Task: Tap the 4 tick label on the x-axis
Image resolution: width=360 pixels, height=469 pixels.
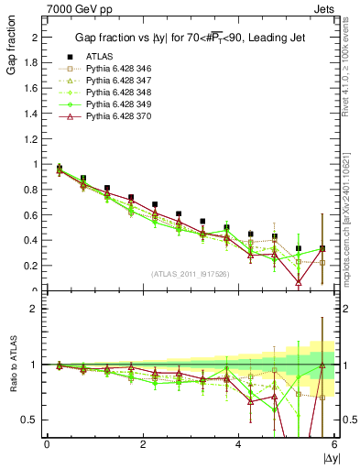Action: pos(238,444)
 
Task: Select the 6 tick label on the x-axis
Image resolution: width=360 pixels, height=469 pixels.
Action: pos(334,444)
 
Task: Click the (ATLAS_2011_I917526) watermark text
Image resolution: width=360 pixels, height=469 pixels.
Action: pos(191,275)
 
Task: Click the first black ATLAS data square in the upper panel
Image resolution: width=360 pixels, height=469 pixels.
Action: pos(60,168)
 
